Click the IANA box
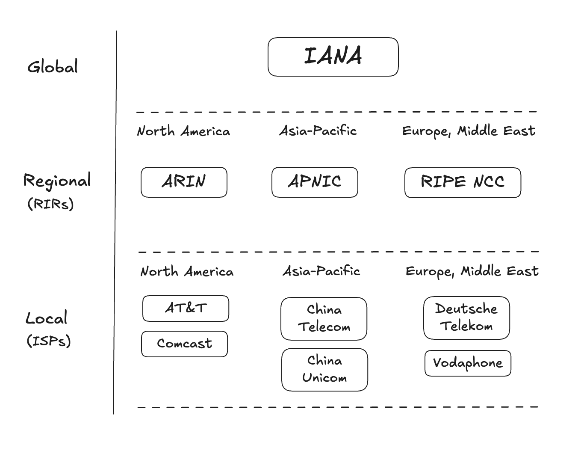(333, 57)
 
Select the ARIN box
(184, 182)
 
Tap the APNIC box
(315, 182)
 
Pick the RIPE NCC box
(463, 183)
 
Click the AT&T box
(186, 309)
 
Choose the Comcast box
(185, 344)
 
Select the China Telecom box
(324, 319)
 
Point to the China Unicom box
(325, 370)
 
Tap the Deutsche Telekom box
(466, 318)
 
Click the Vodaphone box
(468, 363)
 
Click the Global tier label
(53, 66)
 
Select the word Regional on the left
(57, 181)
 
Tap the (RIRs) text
(50, 204)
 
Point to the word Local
(46, 317)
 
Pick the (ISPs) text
(49, 341)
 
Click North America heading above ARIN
(183, 131)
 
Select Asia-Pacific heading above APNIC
(318, 131)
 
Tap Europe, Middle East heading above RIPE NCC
(469, 131)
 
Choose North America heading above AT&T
(187, 271)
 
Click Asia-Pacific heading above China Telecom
(321, 271)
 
